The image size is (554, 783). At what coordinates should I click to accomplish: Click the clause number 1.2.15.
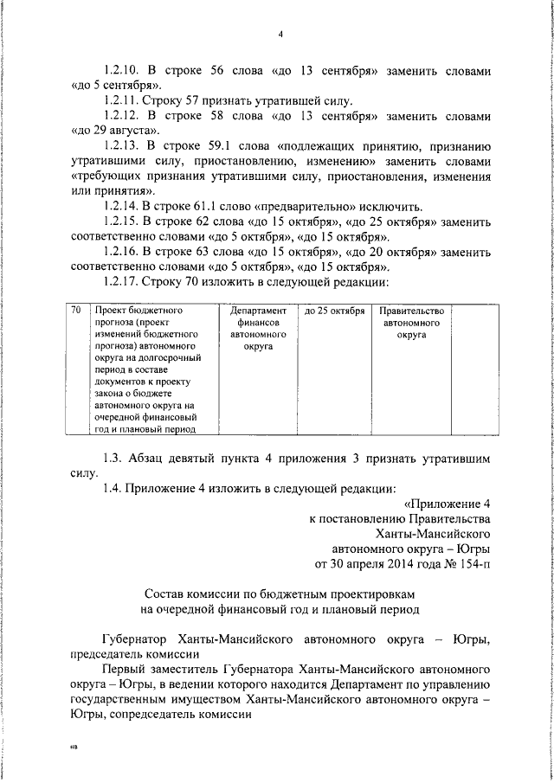pyautogui.click(x=124, y=221)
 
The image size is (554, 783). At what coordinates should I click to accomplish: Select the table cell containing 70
pyautogui.click(x=76, y=310)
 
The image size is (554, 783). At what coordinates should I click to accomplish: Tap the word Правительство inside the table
pyautogui.click(x=411, y=311)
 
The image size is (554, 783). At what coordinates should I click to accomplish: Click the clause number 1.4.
pyautogui.click(x=113, y=488)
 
